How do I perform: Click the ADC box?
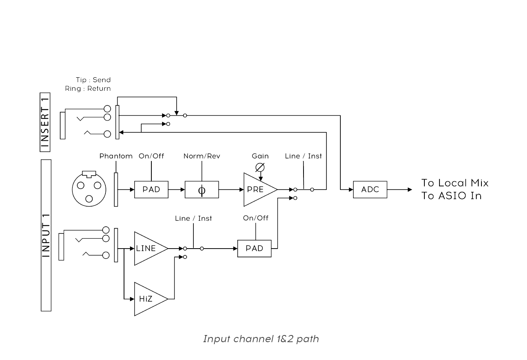coord(370,190)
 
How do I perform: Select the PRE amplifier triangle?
coord(257,190)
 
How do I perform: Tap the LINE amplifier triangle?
coord(147,249)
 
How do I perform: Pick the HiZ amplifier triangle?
coord(147,299)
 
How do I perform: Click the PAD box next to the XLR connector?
coord(151,190)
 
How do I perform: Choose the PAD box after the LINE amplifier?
coord(254,249)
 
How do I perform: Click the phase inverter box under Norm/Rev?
coord(202,190)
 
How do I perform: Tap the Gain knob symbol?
coord(260,167)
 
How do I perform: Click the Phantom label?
coord(116,156)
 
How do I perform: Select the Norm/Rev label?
coord(202,156)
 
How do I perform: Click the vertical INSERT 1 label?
coord(46,122)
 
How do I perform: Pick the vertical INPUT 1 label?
coord(46,235)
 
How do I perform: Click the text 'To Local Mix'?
coord(455,183)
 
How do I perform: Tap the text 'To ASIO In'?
coord(451,196)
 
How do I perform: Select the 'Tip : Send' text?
coord(94,80)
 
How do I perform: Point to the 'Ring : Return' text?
coord(88,89)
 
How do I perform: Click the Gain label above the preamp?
coord(260,156)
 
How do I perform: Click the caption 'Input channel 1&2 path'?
coord(261,339)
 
